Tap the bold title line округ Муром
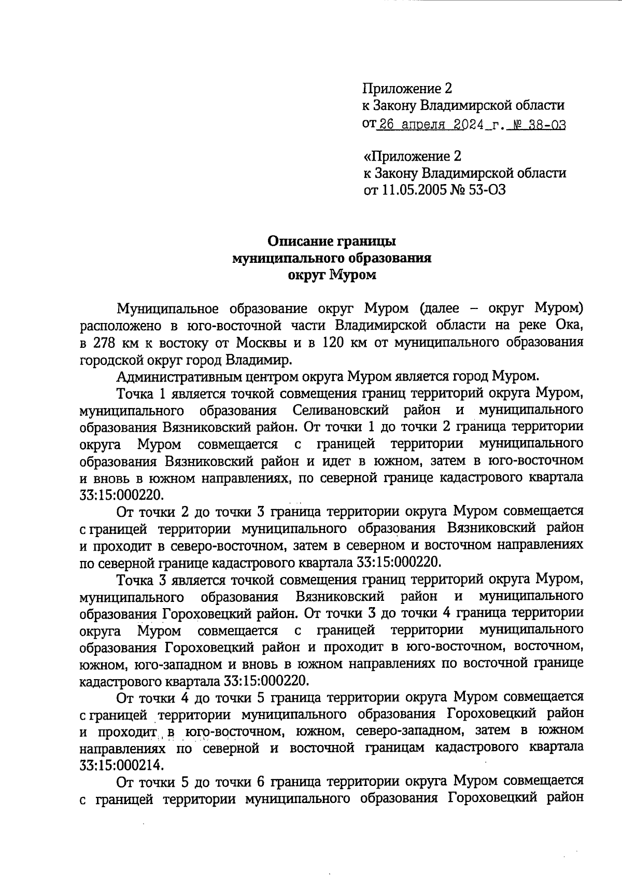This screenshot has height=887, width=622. (x=332, y=275)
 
